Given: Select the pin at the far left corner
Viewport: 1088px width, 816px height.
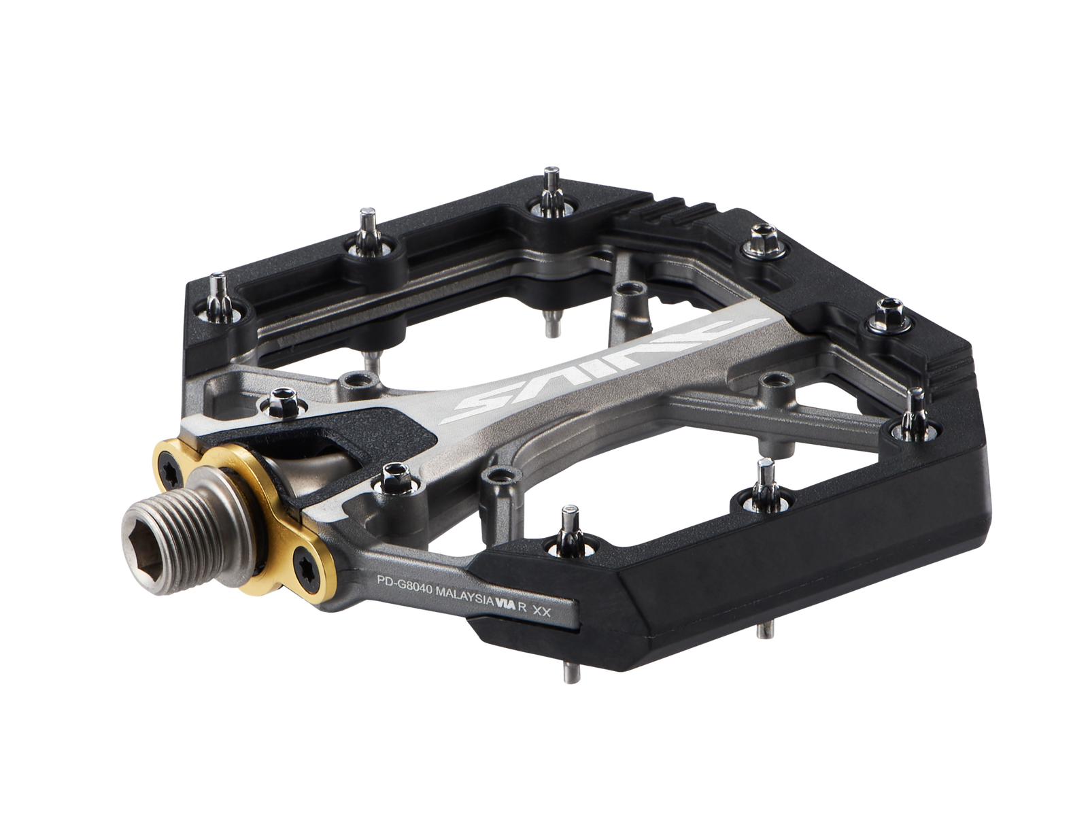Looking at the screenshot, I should [219, 291].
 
